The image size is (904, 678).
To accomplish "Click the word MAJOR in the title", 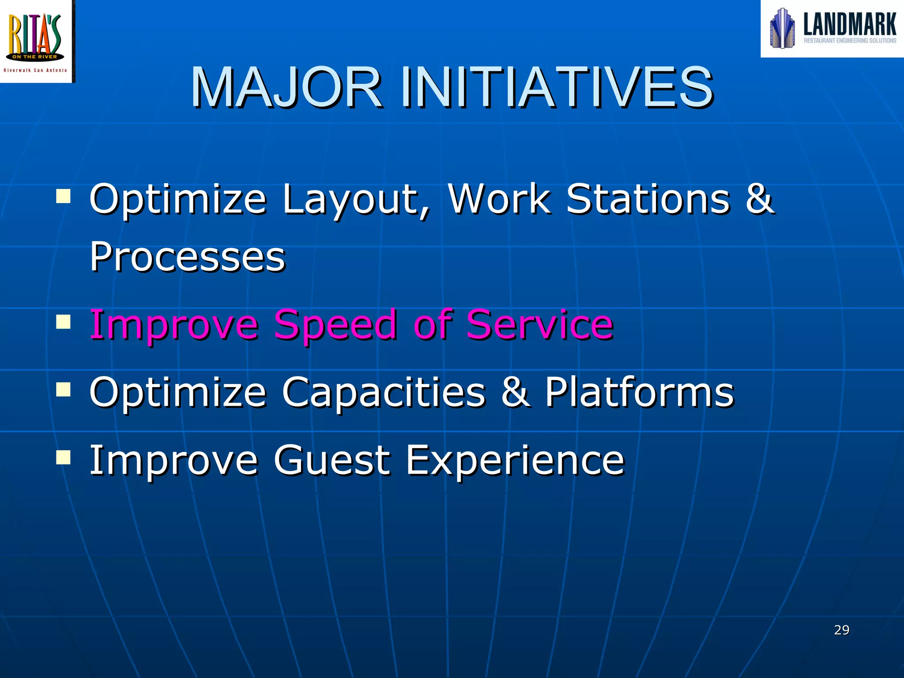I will pos(286,87).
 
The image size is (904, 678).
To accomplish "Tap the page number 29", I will pos(841,630).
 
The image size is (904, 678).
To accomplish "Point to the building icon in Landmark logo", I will pos(782,29).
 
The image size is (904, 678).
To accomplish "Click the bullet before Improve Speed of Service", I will pos(64,321).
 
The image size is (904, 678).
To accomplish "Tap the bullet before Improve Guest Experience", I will pos(64,457).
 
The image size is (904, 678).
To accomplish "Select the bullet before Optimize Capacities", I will pos(64,389).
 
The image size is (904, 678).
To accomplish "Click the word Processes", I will pos(187,257).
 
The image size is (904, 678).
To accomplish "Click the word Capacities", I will pos(383,392).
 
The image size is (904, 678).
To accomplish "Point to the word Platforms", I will pos(639,392).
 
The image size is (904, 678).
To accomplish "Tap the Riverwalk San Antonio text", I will pos(35,71).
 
